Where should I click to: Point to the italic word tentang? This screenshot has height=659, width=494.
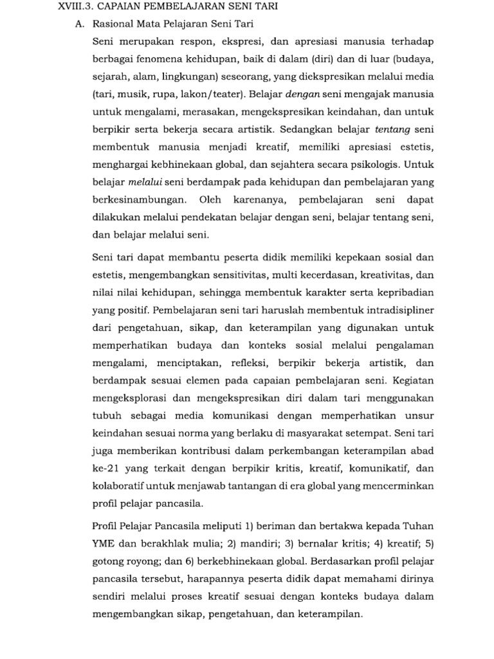click(392, 128)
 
